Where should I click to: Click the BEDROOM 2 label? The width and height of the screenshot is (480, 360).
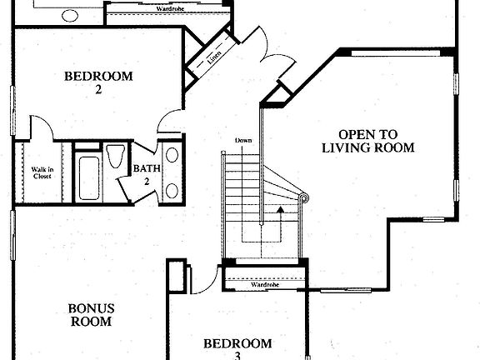tap(98, 83)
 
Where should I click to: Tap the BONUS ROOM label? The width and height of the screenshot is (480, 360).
tap(90, 314)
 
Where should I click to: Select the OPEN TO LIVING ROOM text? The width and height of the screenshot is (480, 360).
tap(367, 141)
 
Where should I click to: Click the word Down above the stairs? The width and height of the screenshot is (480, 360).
tap(243, 140)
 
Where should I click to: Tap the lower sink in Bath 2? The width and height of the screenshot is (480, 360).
tap(172, 189)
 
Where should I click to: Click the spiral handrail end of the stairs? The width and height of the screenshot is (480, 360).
tap(303, 197)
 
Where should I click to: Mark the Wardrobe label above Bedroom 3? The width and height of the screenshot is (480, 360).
tap(263, 285)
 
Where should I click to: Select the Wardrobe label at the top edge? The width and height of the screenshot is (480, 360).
tap(170, 7)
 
